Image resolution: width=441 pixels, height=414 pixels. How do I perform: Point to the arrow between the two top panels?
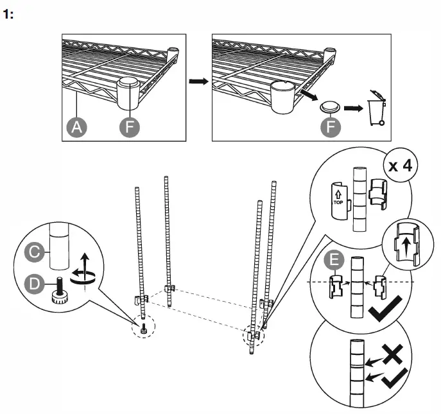click(x=198, y=82)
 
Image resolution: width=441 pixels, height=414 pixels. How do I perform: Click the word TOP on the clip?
click(x=337, y=201)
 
